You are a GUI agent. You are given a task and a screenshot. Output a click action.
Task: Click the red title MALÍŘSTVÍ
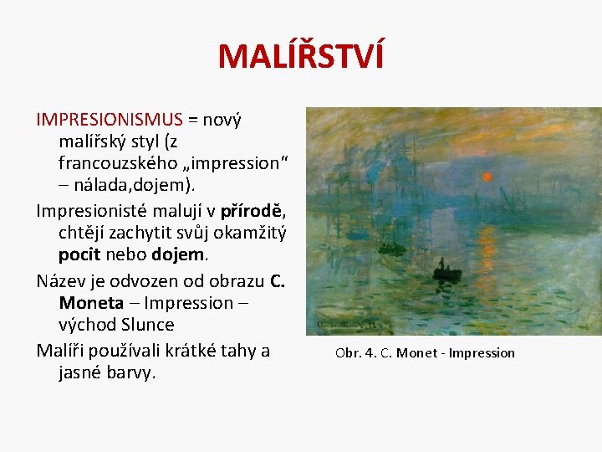click(301, 56)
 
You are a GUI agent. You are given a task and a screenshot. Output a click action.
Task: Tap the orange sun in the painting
click(487, 177)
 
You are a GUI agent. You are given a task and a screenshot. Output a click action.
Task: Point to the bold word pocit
click(79, 253)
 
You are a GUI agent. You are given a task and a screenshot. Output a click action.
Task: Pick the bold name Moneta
click(91, 302)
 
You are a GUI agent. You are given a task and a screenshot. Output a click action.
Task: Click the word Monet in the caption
click(416, 352)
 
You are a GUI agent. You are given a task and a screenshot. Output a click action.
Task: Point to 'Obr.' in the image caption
click(348, 352)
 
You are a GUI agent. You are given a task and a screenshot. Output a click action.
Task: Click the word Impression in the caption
click(482, 352)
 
